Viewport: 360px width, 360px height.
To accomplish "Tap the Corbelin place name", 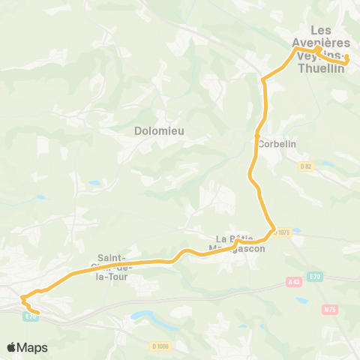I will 274,143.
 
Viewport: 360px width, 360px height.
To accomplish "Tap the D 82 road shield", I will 305,166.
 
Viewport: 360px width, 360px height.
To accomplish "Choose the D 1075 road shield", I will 281,233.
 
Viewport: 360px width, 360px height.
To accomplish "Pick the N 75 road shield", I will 328,308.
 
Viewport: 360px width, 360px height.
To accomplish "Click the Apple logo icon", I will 12,347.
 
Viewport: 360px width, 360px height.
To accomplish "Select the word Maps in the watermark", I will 33,347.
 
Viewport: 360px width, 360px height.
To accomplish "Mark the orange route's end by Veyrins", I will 347,56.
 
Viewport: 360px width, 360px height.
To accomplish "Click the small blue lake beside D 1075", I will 302,229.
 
